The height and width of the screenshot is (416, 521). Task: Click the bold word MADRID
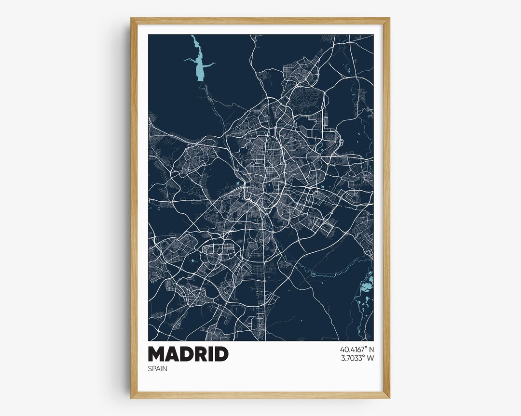point(188,354)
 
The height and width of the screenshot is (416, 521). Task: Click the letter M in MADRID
point(157,354)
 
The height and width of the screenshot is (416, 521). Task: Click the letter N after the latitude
point(371,349)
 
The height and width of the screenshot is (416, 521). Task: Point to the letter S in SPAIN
point(150,369)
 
